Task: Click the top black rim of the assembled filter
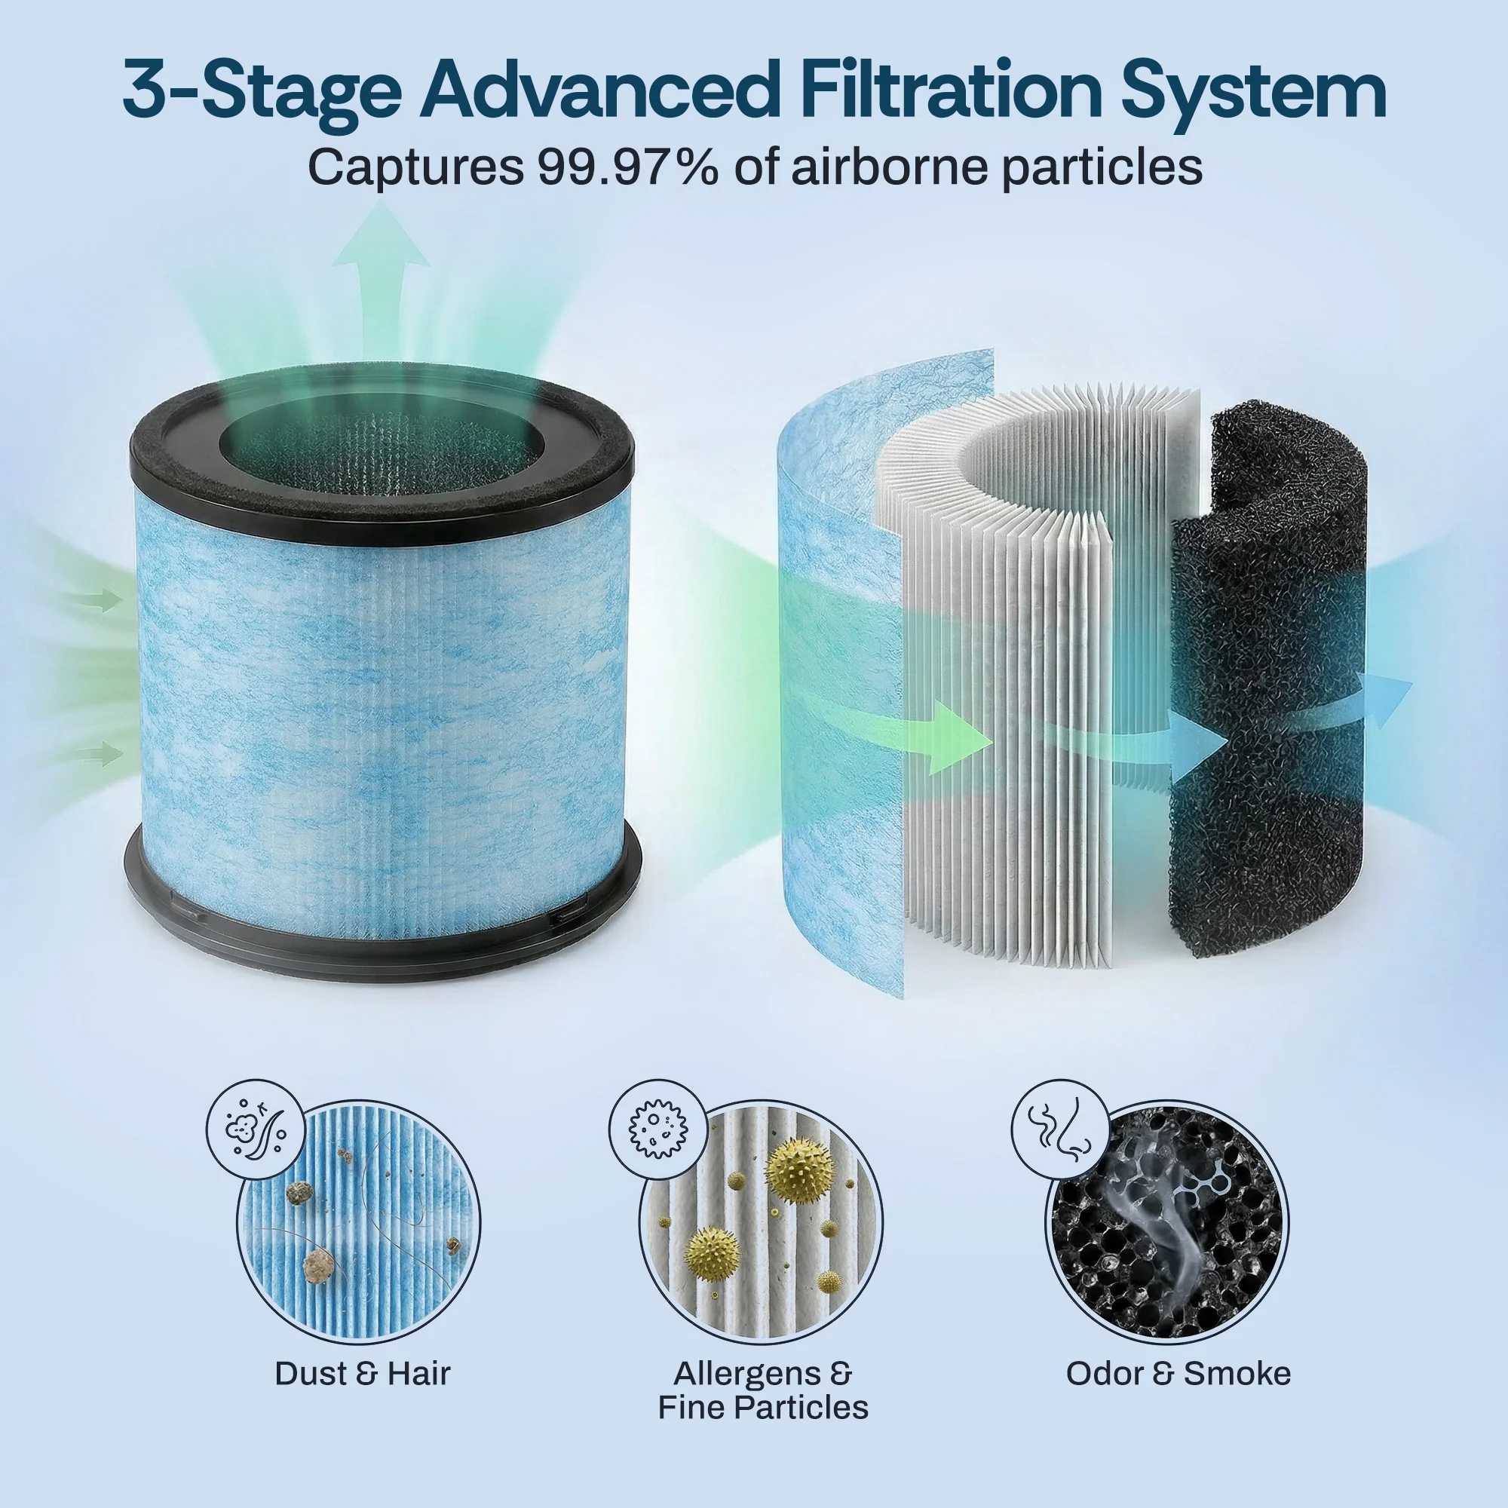(381, 476)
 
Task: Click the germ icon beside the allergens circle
(659, 1129)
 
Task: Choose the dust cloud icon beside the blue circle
(254, 1129)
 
